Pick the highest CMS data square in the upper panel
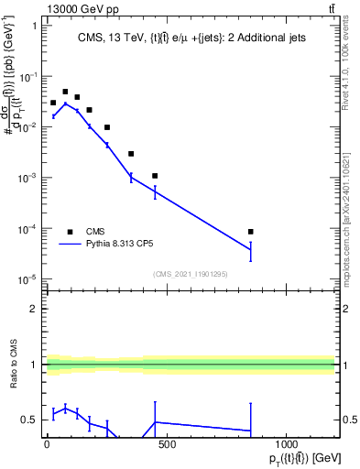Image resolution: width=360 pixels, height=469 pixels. (65, 92)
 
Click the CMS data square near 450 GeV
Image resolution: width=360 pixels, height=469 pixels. (155, 175)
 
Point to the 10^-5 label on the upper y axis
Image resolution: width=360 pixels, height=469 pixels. (27, 278)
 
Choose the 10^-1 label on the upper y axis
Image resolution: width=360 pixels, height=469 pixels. (27, 76)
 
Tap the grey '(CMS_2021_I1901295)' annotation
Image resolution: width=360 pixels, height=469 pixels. (190, 274)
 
